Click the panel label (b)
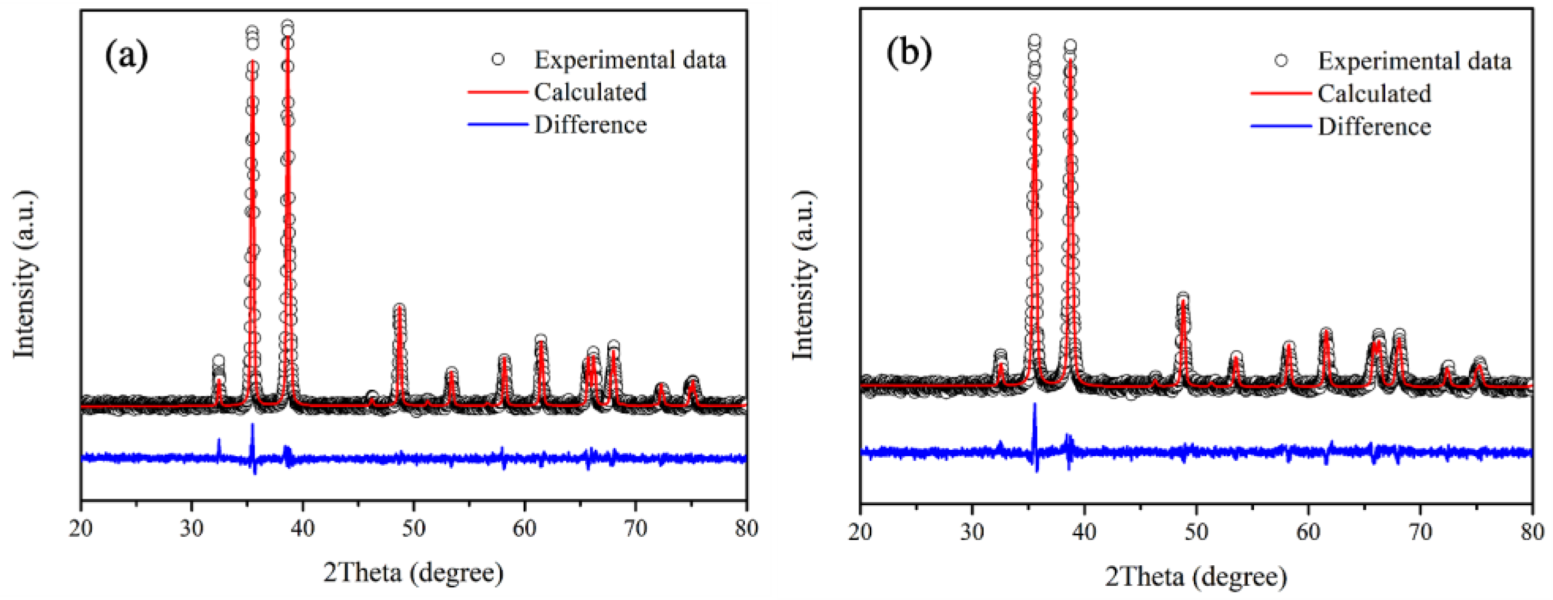pos(909,53)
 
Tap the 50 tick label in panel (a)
pos(414,528)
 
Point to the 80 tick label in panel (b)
pos(1531,532)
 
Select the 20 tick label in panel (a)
pos(81,528)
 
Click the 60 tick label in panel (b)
pos(1308,532)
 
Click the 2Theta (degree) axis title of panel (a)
pos(413,572)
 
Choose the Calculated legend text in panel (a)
pos(589,92)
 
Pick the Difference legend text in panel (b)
pos(1374,126)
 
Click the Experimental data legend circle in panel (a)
pos(498,59)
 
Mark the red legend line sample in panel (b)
pos(1281,93)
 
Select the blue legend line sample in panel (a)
pos(498,124)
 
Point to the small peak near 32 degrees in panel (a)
pos(218,361)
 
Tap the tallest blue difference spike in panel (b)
pos(1035,405)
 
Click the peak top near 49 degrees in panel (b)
pos(1183,298)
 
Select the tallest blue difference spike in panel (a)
pos(253,426)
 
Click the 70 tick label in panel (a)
pos(635,528)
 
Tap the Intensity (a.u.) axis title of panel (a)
pos(24,274)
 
